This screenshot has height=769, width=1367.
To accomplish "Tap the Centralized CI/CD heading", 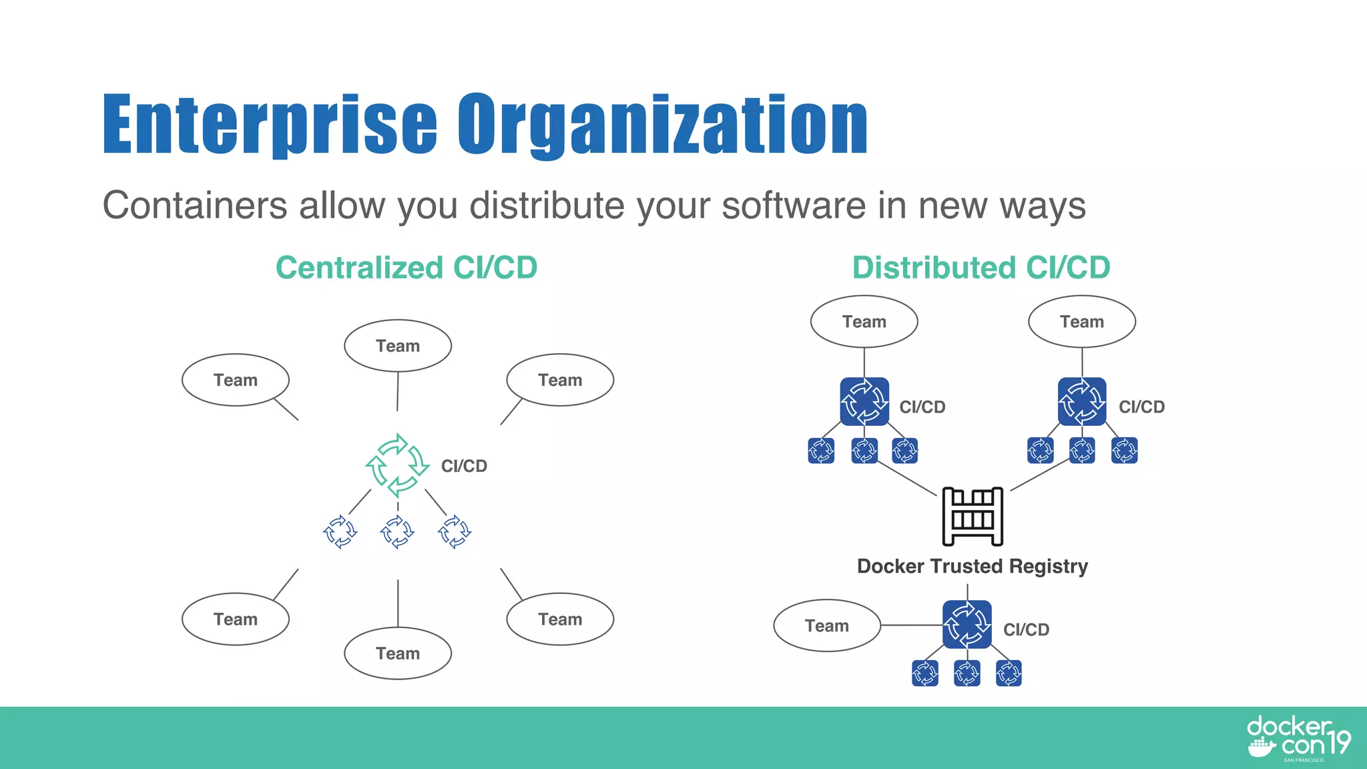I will click(x=406, y=268).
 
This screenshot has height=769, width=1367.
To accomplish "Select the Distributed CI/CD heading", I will click(x=981, y=268).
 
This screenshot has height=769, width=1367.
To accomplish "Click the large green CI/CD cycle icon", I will click(x=397, y=465).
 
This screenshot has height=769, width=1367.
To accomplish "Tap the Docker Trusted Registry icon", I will click(x=972, y=516).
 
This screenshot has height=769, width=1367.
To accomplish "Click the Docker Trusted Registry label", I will click(x=972, y=566).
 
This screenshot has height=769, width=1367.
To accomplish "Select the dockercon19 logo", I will click(x=1298, y=738).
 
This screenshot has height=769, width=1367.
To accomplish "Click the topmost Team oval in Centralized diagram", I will click(x=398, y=346).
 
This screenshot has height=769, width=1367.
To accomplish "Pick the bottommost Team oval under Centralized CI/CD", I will click(x=398, y=653).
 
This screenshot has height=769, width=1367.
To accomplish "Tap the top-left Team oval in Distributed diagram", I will click(x=864, y=322).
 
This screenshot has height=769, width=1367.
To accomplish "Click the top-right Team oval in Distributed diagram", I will click(x=1081, y=322).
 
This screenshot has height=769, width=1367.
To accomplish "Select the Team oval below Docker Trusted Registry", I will click(x=827, y=625).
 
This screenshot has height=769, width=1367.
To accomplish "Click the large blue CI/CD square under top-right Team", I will click(x=1082, y=402).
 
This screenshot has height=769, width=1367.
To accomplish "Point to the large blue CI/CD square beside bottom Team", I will click(x=967, y=625).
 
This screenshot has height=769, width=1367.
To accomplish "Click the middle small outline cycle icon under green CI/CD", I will click(x=397, y=532).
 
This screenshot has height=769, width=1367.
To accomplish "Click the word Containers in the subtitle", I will click(x=194, y=205).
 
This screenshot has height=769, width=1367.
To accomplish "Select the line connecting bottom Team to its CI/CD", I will click(x=911, y=625).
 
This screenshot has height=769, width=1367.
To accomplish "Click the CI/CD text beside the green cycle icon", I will click(x=464, y=466).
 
